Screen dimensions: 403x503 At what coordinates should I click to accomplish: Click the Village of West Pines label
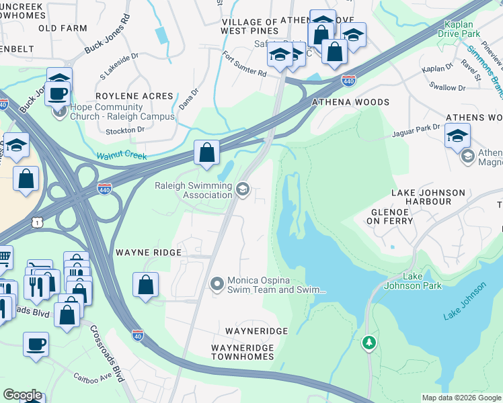(249, 27)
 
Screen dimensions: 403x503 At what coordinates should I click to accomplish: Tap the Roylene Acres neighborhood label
(134, 97)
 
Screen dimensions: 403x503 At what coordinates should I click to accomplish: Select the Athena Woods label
(350, 102)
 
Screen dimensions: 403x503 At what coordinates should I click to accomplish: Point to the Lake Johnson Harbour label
(428, 197)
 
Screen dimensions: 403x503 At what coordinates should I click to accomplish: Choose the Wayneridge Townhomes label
(243, 352)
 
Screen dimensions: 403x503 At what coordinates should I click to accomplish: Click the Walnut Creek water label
(121, 156)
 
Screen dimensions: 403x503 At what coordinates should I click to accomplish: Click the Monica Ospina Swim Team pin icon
(217, 284)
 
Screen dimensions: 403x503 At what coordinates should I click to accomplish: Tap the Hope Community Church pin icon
(60, 111)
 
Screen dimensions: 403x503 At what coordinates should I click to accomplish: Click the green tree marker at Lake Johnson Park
(369, 343)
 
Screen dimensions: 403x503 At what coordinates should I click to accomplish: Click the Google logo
(22, 394)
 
